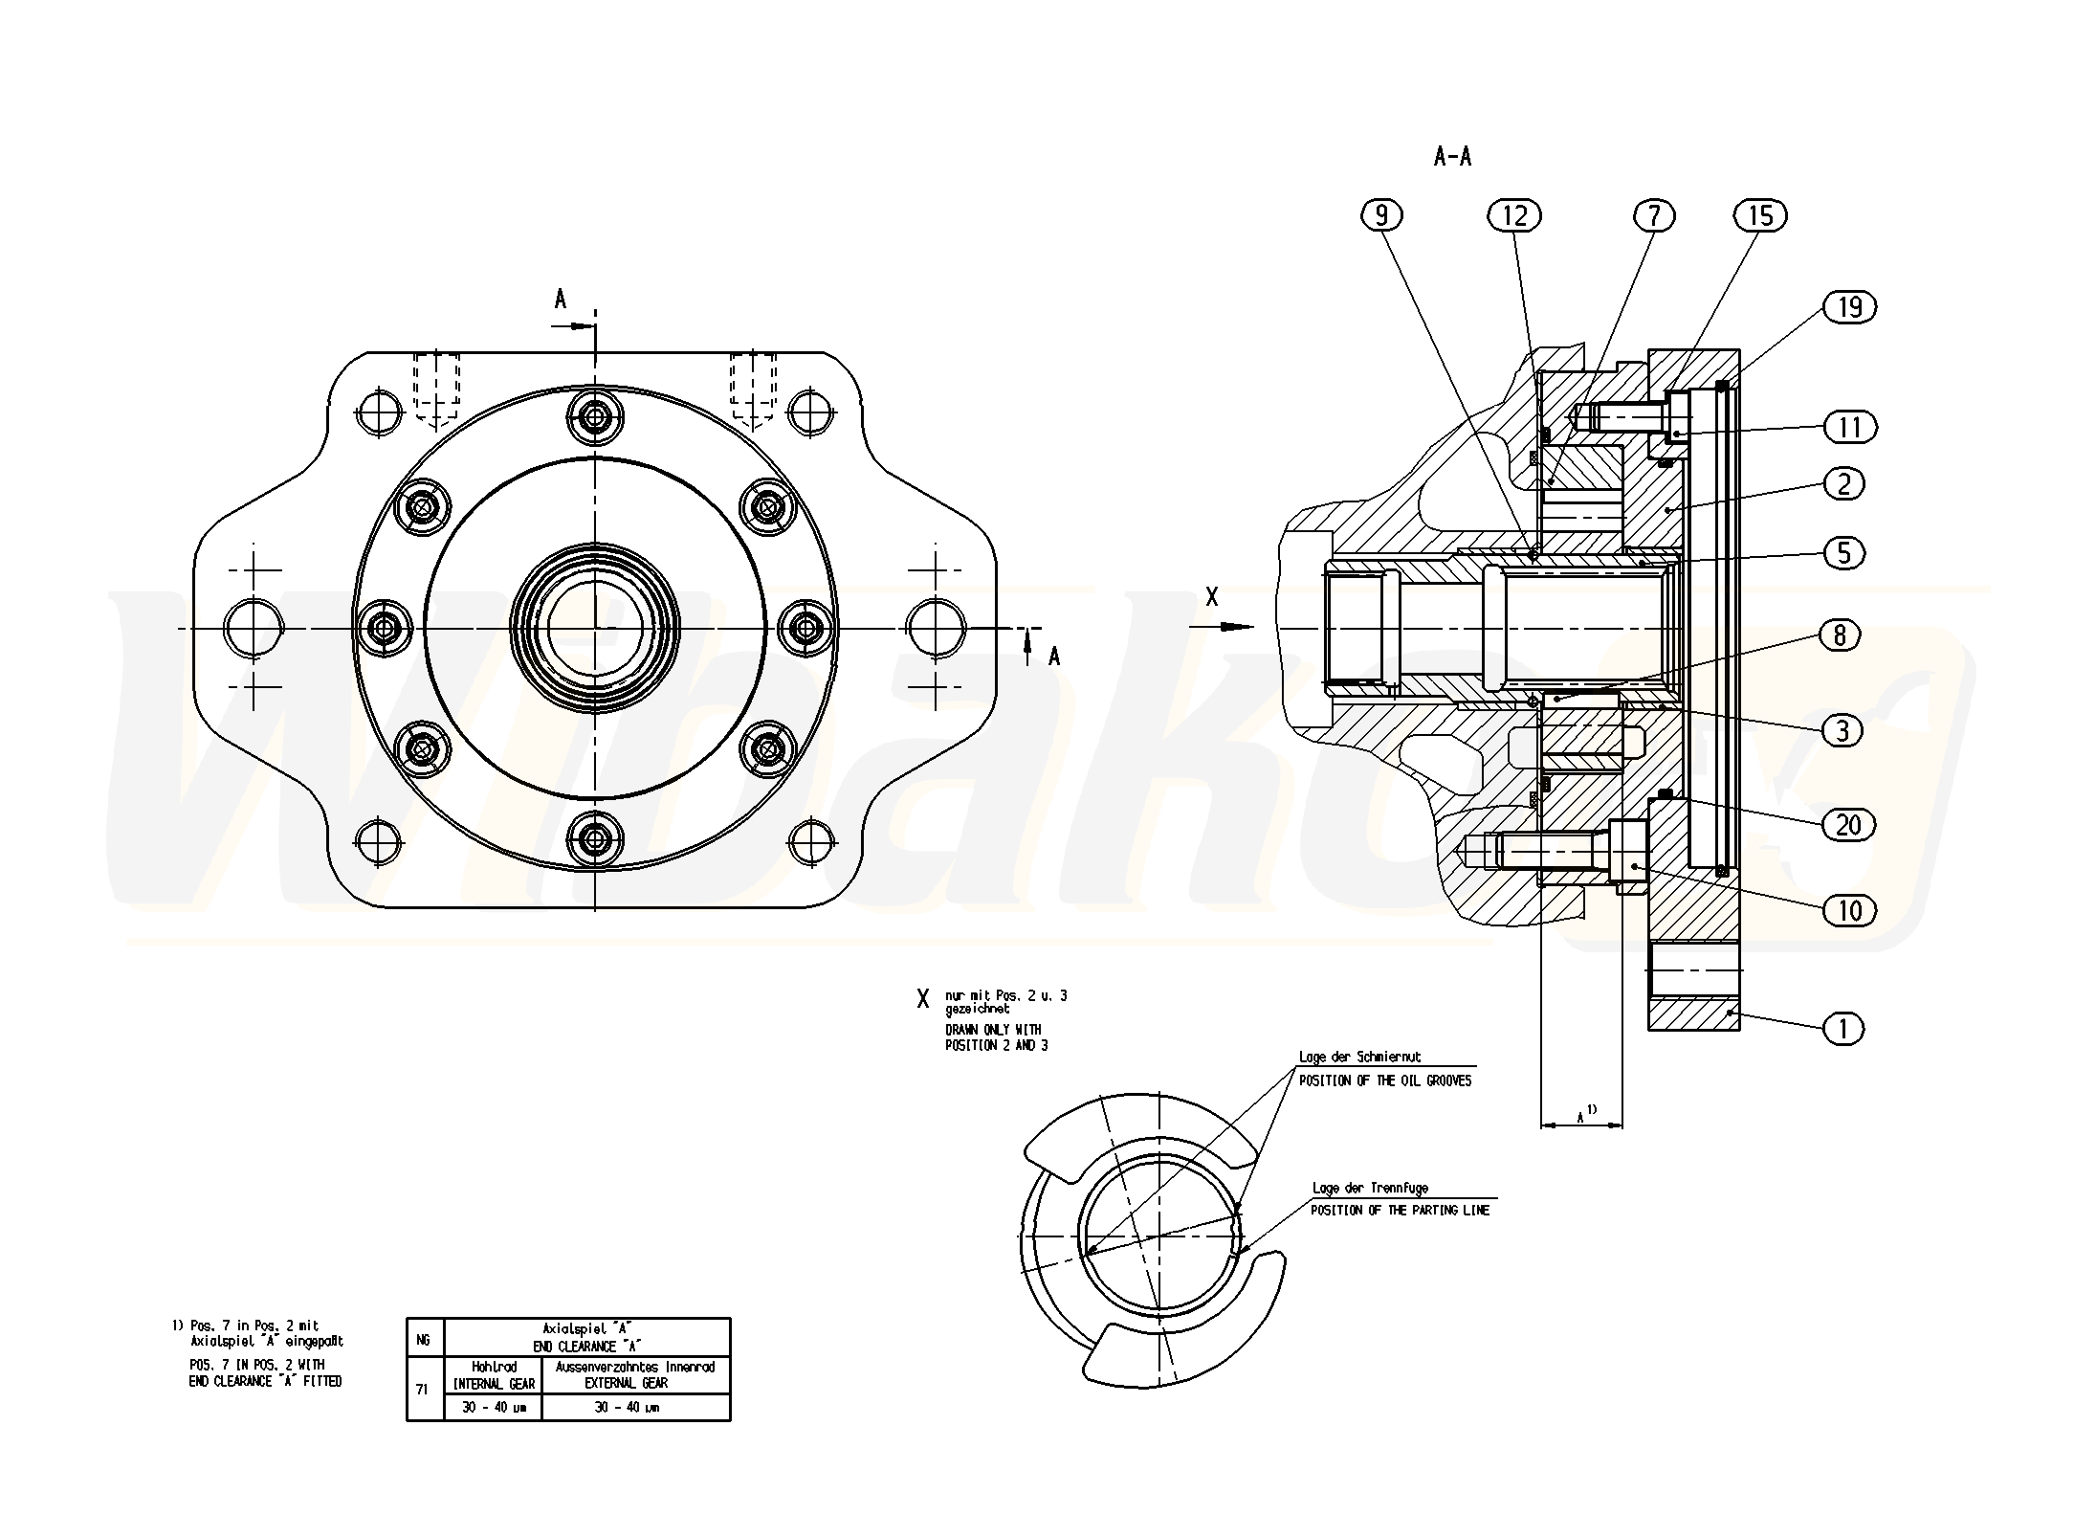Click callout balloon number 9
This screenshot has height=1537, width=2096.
coord(1380,216)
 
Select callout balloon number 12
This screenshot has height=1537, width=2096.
coord(1514,216)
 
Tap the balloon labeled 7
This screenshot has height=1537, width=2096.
coord(1654,216)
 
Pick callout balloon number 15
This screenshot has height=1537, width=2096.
coord(1760,216)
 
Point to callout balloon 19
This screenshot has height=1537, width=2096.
coord(1849,307)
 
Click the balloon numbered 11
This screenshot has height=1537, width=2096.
coord(1849,427)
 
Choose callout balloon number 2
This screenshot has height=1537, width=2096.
coord(1843,483)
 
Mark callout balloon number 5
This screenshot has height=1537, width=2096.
coord(1843,553)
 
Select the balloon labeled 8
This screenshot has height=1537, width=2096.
coord(1840,635)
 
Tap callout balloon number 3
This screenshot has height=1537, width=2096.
coord(1842,731)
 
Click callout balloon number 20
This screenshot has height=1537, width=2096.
coord(1847,825)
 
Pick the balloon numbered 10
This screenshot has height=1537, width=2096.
coord(1849,910)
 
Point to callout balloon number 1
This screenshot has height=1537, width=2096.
coord(1843,1030)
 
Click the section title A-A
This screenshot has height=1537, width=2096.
coord(1452,157)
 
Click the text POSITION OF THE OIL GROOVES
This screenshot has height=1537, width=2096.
coord(1384,1080)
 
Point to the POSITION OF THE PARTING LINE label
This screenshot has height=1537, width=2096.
coord(1400,1211)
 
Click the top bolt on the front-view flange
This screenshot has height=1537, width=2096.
coord(595,417)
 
